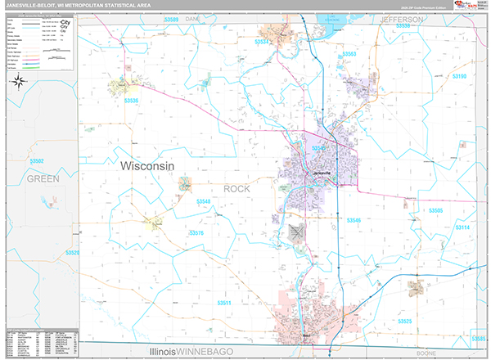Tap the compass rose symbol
tap(19, 80)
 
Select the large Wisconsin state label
tap(147, 165)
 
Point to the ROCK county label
tap(237, 189)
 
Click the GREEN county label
tap(43, 178)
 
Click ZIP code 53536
tap(131, 101)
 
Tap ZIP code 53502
tap(36, 161)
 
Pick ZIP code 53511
tap(223, 304)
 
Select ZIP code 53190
tap(458, 76)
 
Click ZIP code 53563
tap(349, 54)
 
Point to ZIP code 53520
tap(74, 253)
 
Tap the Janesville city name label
tap(321, 173)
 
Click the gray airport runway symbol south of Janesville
tap(295, 232)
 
